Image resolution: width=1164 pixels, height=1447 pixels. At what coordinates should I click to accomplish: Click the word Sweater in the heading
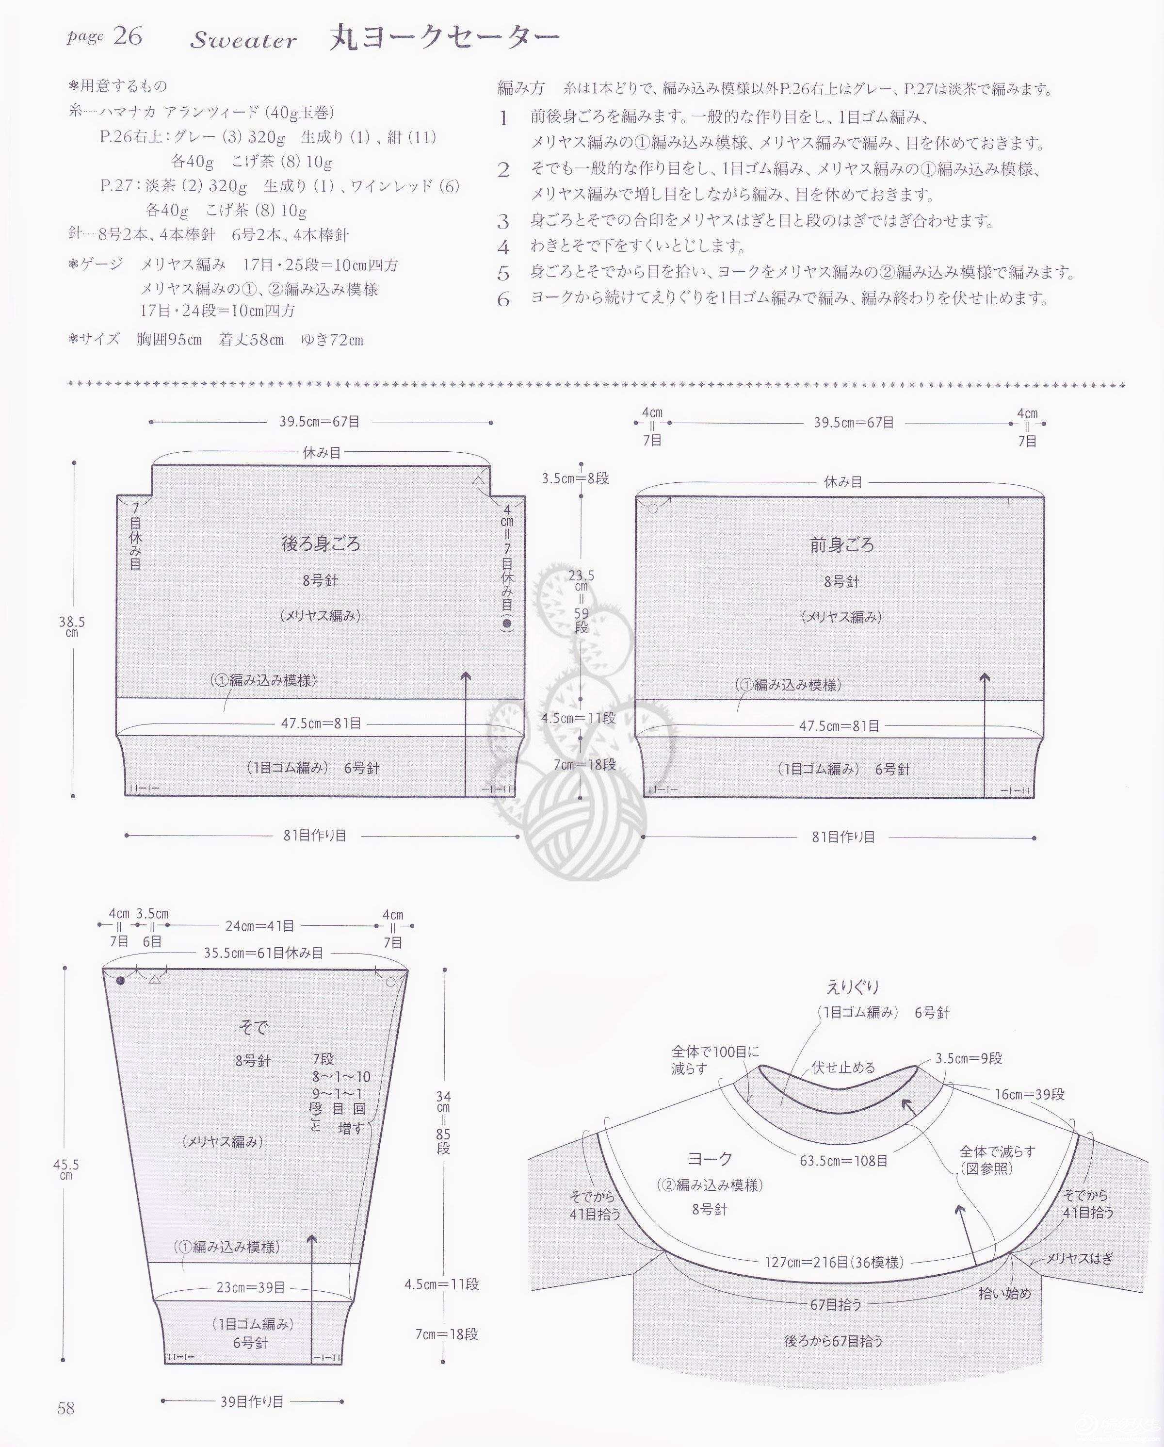[243, 40]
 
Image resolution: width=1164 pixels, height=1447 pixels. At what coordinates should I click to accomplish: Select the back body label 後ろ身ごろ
[321, 543]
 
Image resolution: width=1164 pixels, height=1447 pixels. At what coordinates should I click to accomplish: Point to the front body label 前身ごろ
[842, 545]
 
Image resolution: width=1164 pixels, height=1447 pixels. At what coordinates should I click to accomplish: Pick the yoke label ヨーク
[710, 1158]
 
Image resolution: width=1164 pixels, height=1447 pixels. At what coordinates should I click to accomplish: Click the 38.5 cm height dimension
[72, 627]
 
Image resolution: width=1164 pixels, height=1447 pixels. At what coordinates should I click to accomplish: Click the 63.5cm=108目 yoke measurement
[843, 1160]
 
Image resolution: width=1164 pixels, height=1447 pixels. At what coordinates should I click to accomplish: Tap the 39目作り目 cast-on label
[252, 1402]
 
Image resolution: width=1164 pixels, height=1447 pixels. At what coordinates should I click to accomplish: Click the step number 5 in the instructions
[503, 274]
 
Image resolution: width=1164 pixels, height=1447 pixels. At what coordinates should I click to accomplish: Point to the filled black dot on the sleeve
[121, 981]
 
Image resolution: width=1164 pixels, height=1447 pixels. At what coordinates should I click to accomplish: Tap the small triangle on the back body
[478, 480]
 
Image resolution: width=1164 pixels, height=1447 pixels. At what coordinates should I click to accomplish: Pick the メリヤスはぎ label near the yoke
[1080, 1258]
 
